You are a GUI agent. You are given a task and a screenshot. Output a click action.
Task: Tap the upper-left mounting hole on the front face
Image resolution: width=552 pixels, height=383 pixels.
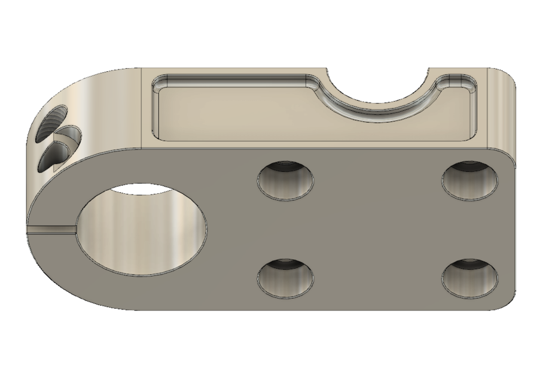coord(286,180)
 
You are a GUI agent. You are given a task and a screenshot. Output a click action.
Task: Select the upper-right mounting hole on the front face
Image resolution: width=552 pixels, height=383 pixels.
coord(471,179)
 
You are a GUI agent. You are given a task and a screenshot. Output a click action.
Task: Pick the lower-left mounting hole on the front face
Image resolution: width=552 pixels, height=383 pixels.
coord(286,279)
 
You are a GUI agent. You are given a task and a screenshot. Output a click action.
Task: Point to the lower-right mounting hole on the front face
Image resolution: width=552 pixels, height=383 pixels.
coord(471,279)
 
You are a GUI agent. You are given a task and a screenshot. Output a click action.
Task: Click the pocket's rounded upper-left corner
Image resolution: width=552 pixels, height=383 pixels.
coord(160,83)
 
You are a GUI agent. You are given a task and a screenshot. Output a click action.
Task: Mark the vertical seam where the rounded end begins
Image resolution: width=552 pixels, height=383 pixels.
coord(141,108)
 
